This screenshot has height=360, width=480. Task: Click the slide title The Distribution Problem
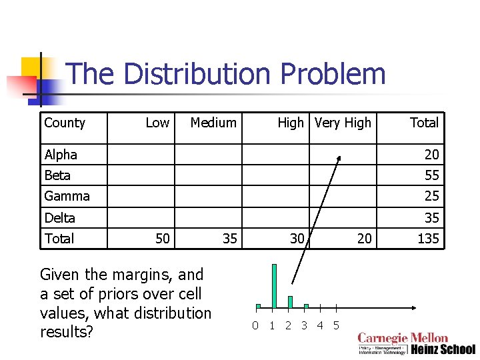click(x=226, y=74)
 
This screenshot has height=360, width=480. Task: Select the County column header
click(x=65, y=123)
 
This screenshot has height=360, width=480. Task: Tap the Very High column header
click(x=343, y=123)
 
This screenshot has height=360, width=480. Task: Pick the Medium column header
click(x=213, y=123)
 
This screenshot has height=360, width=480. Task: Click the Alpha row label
click(x=61, y=155)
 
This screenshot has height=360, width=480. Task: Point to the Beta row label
click(x=57, y=175)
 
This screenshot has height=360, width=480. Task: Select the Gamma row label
click(x=67, y=196)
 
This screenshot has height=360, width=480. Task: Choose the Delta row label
click(x=59, y=218)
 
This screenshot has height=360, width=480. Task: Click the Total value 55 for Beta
click(x=432, y=175)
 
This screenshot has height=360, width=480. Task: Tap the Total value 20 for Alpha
click(x=432, y=155)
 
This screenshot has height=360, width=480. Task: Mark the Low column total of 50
click(x=162, y=239)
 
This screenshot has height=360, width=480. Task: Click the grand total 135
click(x=428, y=239)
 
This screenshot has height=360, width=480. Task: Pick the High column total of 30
click(x=297, y=239)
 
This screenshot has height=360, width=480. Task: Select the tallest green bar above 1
click(x=274, y=286)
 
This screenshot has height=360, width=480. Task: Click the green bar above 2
click(x=290, y=301)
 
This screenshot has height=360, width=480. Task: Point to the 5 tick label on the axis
click(x=336, y=325)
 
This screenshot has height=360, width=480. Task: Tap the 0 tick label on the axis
click(x=255, y=325)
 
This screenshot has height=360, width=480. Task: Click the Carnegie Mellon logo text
click(x=403, y=339)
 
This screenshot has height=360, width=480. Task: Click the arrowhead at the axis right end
click(x=414, y=308)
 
